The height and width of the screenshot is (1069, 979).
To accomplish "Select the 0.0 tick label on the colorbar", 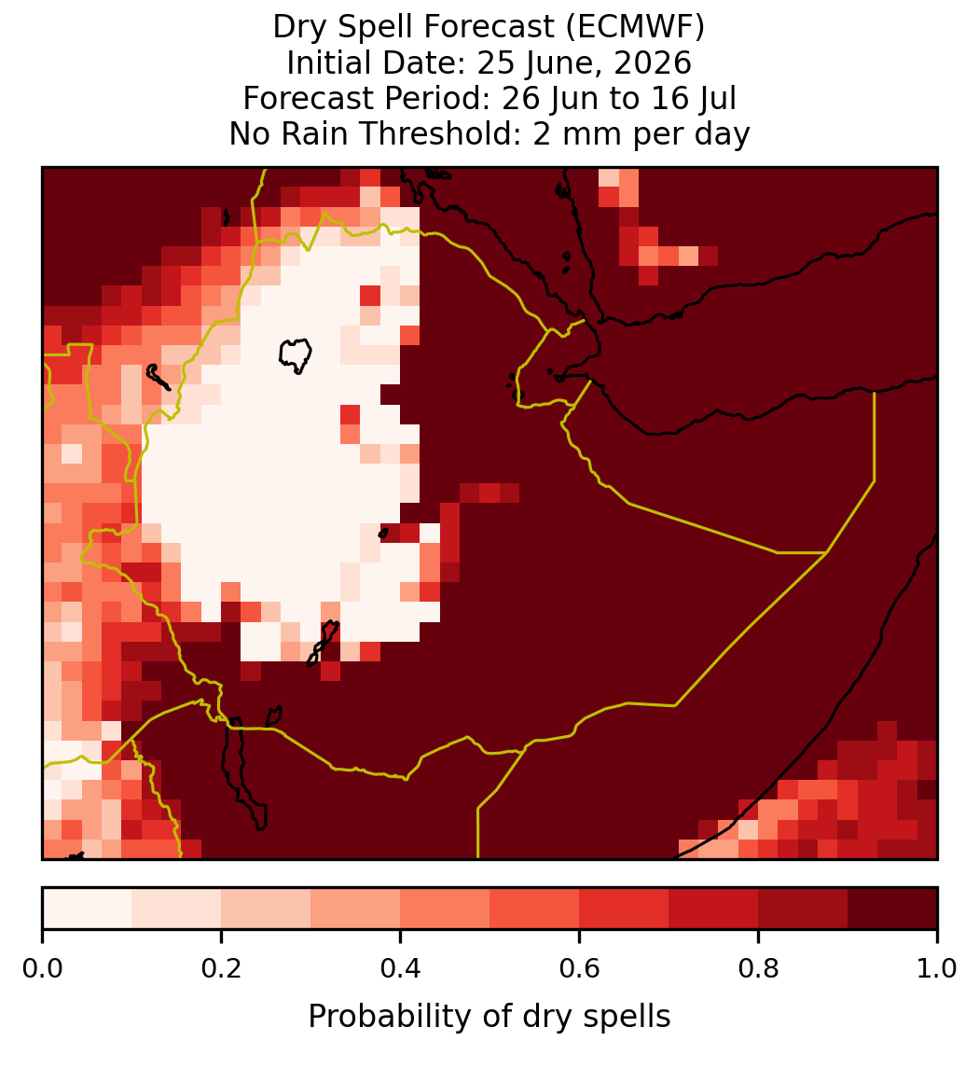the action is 42,968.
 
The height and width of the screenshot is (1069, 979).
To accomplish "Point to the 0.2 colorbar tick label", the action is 221,968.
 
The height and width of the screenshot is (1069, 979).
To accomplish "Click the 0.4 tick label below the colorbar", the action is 401,968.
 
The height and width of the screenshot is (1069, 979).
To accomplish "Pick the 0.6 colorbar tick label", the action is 580,968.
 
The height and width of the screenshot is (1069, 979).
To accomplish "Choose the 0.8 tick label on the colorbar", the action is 759,968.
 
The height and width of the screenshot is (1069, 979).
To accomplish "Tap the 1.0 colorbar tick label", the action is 937,968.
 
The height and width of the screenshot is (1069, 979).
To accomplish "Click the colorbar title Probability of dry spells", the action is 489,1017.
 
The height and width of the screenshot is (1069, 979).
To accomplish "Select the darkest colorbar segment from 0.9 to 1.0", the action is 893,909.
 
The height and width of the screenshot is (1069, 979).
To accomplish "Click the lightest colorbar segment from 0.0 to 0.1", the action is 88,909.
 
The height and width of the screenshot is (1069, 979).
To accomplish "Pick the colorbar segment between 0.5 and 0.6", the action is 535,909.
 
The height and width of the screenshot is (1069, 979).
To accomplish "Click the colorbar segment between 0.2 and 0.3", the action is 267,909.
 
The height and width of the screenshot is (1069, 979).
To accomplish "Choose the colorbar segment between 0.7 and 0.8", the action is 714,909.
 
